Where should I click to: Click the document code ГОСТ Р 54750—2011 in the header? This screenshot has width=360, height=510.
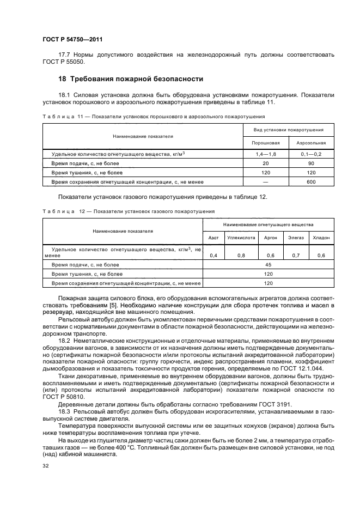click(x=71, y=40)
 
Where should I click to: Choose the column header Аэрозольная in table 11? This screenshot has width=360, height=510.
click(x=311, y=143)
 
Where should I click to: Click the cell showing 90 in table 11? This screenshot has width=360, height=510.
click(x=311, y=163)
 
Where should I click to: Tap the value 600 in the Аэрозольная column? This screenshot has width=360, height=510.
click(x=311, y=182)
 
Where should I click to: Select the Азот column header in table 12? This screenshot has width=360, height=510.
click(x=213, y=238)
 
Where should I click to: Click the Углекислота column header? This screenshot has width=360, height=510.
click(x=241, y=238)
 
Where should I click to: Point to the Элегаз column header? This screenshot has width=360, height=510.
click(x=296, y=238)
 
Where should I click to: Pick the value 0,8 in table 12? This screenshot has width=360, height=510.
click(x=241, y=256)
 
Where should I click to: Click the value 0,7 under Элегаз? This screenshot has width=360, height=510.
click(x=296, y=256)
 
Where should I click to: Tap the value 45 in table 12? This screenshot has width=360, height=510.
click(x=268, y=265)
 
